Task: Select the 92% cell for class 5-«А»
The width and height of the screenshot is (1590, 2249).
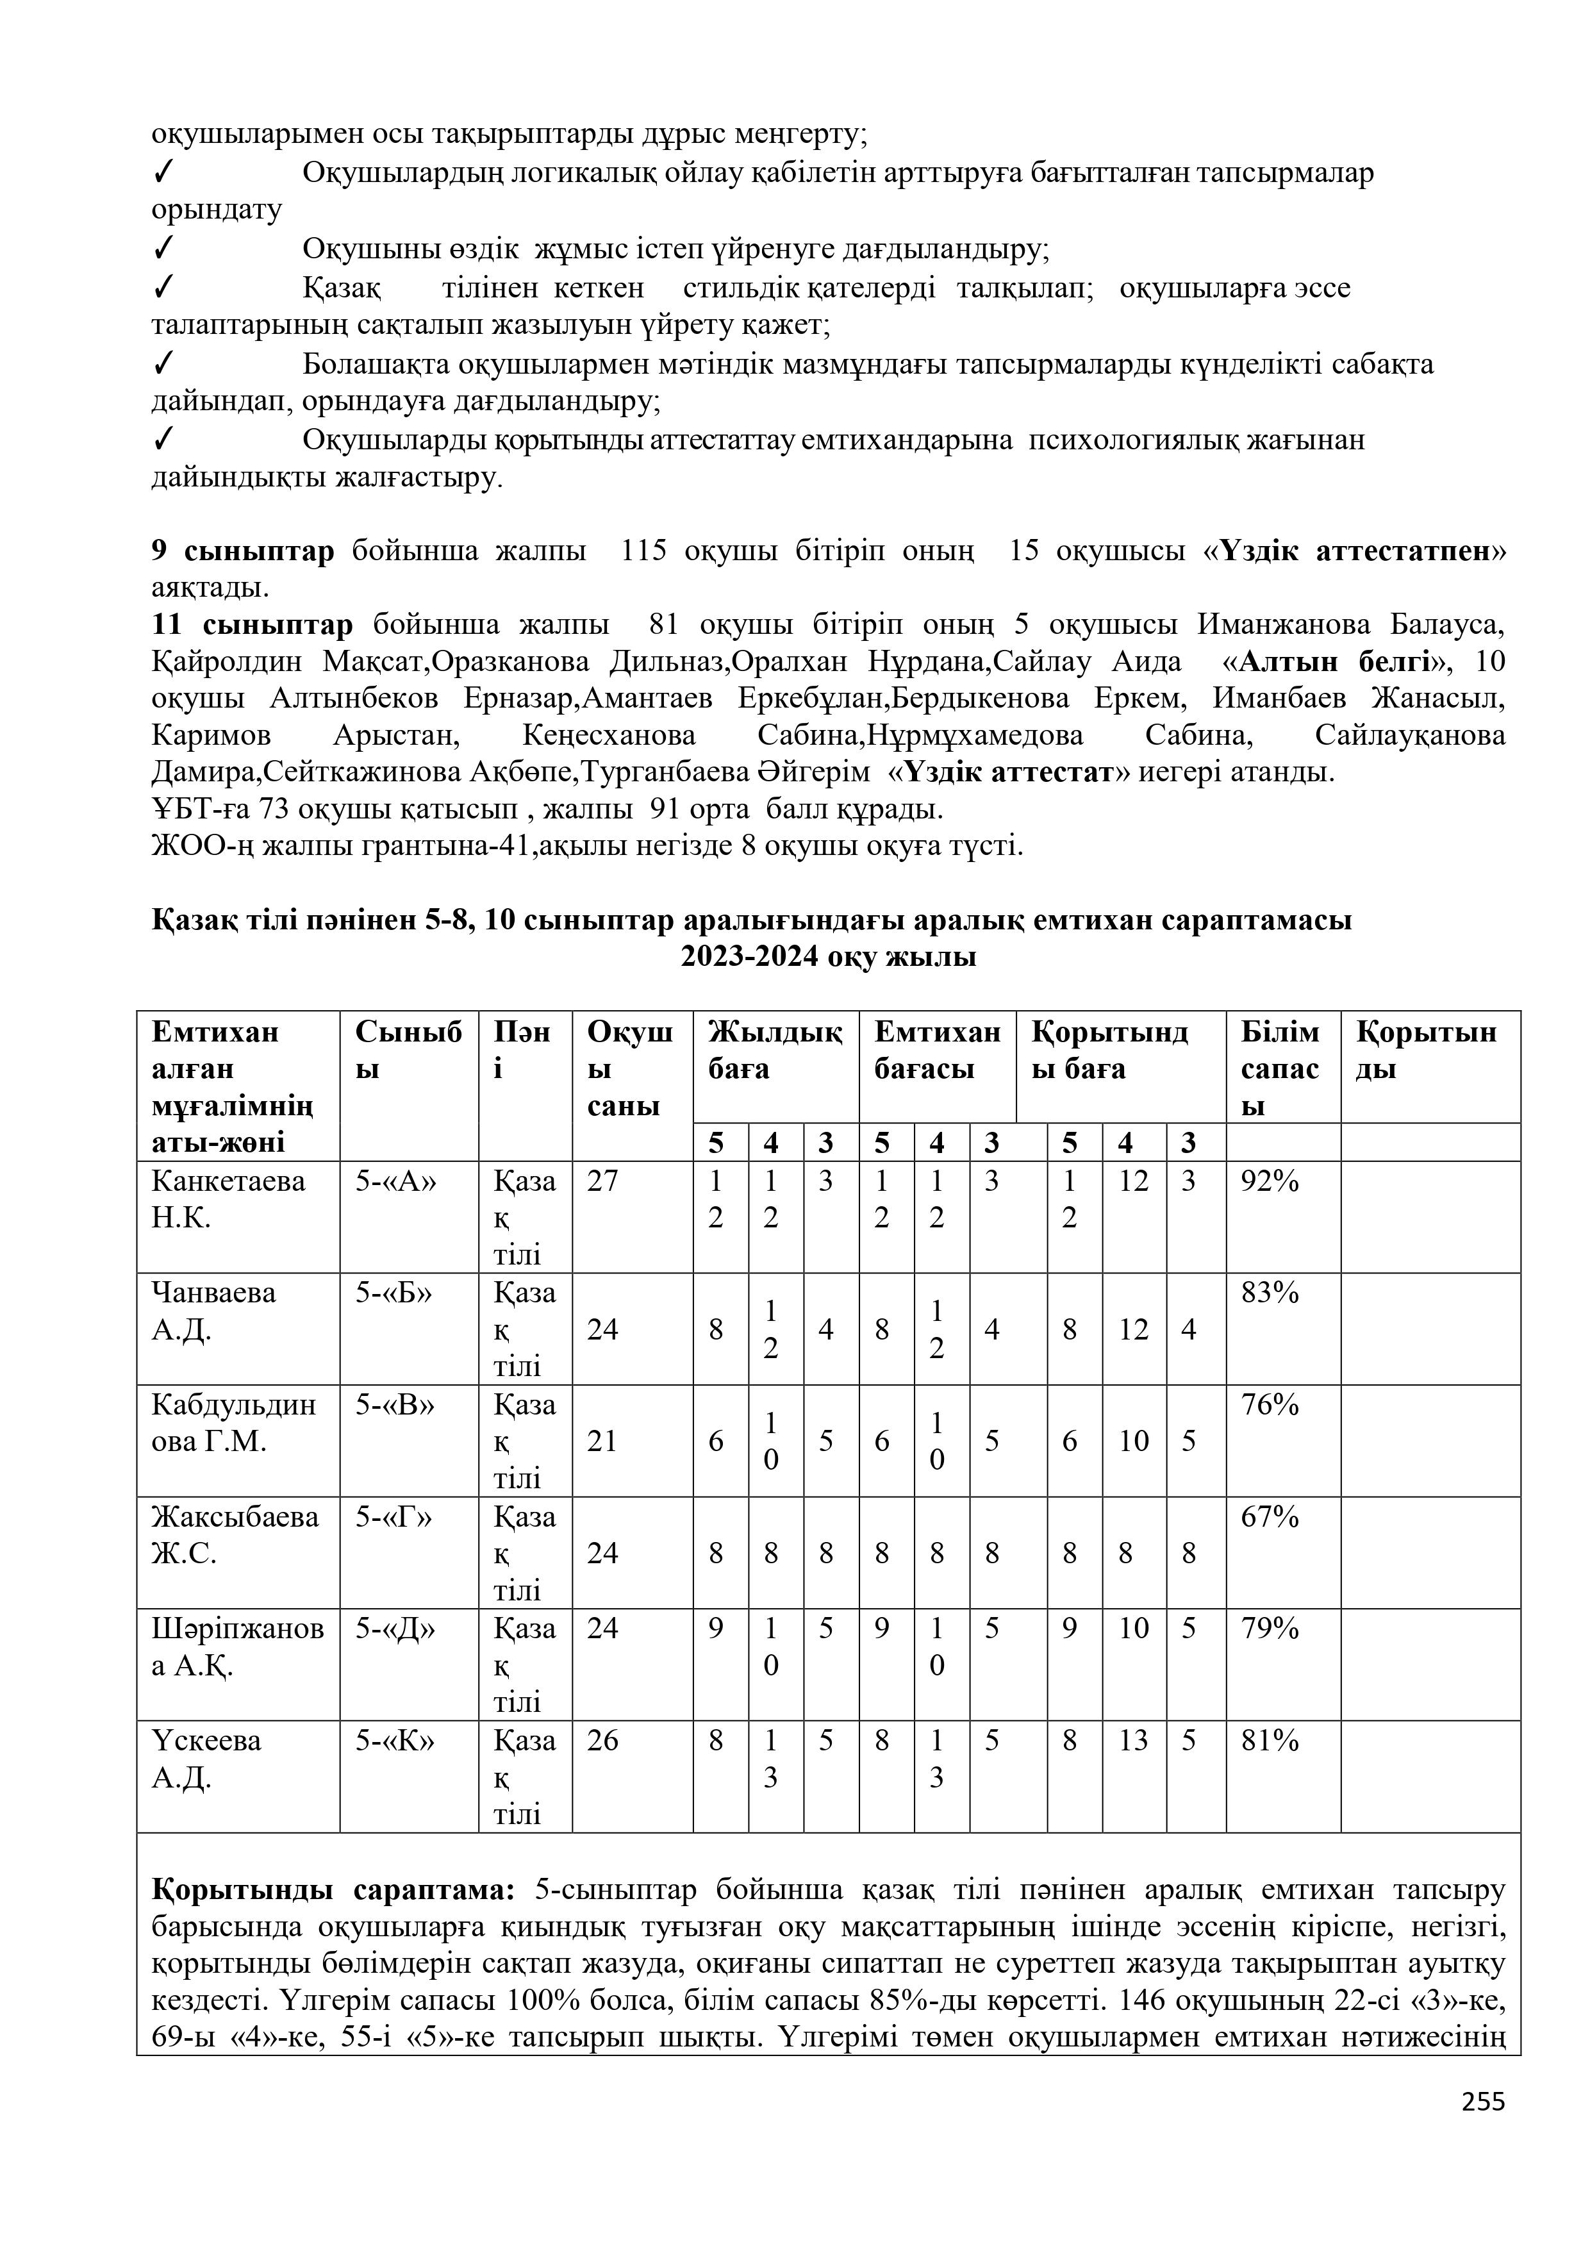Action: click(1270, 1183)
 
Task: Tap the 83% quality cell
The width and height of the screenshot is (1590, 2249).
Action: click(1270, 1294)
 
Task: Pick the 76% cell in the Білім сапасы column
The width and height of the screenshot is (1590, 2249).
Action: click(1270, 1406)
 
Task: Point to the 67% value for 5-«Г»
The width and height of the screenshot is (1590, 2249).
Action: click(1270, 1517)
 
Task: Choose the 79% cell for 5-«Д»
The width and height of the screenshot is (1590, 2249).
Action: click(1270, 1629)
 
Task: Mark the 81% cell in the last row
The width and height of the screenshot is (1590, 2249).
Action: click(1270, 1741)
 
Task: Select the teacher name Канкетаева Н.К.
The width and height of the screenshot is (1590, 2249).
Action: click(228, 1200)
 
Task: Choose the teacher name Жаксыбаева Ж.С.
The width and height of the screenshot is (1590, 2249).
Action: click(235, 1535)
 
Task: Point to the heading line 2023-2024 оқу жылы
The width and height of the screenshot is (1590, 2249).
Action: click(828, 957)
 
